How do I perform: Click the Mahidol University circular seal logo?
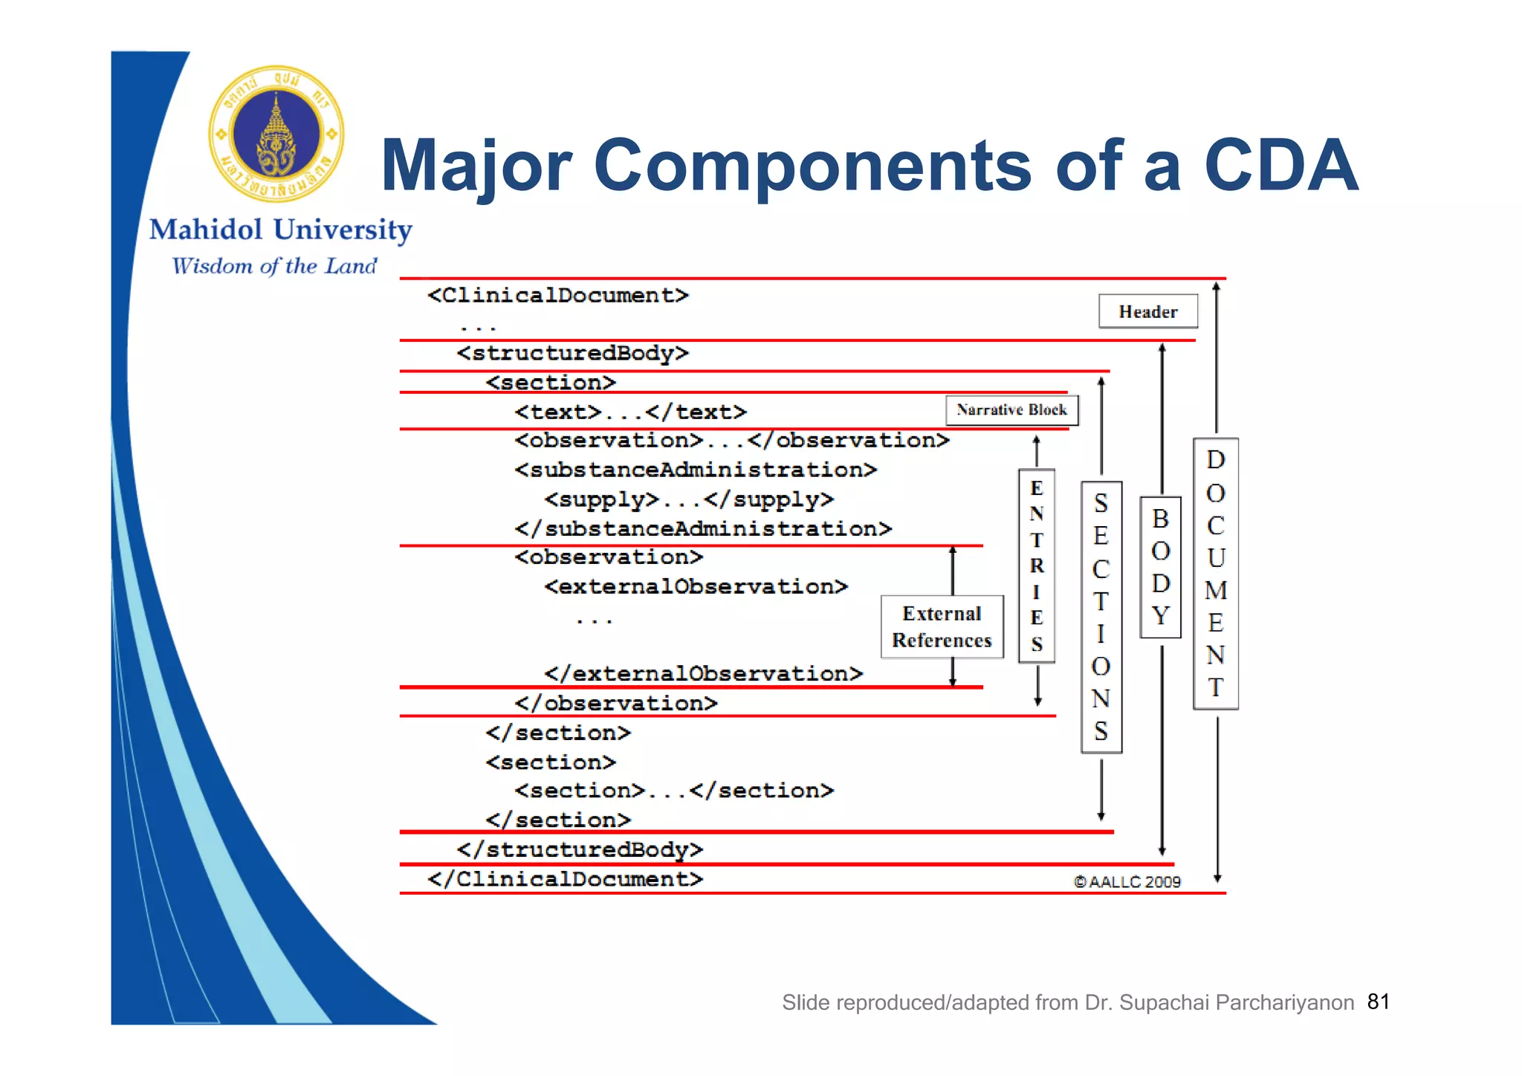point(276,134)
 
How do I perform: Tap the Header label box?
point(1147,311)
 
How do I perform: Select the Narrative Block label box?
point(1011,410)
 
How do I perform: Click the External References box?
point(942,626)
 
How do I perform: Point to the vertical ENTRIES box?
point(1037,566)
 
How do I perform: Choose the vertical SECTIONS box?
point(1101,617)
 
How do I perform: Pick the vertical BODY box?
point(1160,567)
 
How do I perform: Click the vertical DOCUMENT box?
point(1215,574)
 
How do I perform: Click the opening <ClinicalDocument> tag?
point(557,296)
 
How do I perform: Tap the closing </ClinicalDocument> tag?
point(565,880)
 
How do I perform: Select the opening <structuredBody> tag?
point(572,353)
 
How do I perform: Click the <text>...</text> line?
point(630,412)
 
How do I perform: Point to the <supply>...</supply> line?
point(688,500)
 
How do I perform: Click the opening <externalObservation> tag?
point(696,587)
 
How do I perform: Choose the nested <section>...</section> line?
point(674,791)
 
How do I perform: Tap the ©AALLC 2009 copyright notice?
point(1127,882)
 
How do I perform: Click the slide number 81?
point(1378,1002)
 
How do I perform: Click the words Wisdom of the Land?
point(274,266)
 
